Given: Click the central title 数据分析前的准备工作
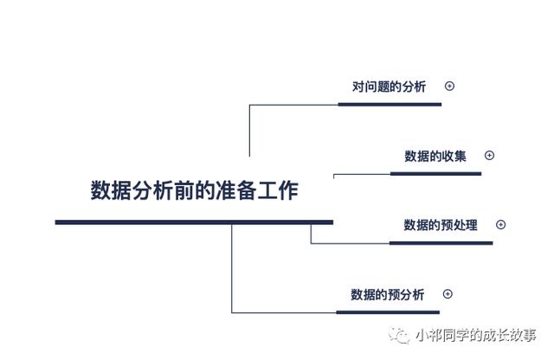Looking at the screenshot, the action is pos(194,190).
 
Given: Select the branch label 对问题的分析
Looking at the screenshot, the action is pos(389,87).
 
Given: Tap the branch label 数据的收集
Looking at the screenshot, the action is pos(435,156).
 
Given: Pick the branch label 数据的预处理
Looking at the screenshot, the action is pos(441,225).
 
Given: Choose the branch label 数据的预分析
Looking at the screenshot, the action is pos(388,294).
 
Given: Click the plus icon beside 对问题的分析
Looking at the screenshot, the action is pos(449,86).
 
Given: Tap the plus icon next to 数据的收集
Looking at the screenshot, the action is pos(489,155).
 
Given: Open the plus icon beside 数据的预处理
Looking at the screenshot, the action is pos(500,224).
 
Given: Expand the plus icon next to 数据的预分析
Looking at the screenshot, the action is pos(448,294).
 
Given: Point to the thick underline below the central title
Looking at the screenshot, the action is pos(194,222).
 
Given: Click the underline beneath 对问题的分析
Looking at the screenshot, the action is pos(390,104).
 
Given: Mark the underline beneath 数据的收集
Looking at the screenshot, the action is pos(435,173).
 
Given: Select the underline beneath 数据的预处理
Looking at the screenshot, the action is pos(441,243).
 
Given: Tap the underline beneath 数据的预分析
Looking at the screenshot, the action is pos(388,312).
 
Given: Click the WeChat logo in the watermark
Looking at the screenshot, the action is pos(399,335).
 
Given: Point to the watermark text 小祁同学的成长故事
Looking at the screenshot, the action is pos(476,335).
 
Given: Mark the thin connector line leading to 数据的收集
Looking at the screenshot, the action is pos(362,174).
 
